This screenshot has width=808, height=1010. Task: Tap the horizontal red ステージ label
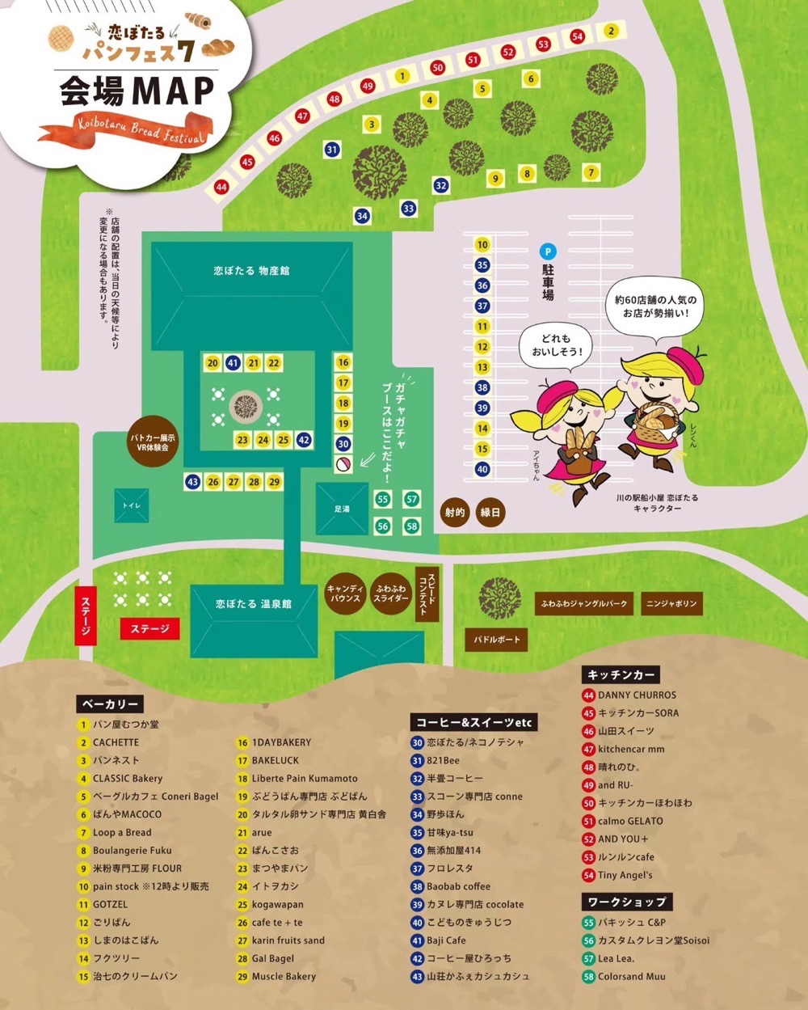(149, 628)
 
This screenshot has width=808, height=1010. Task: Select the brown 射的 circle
(455, 512)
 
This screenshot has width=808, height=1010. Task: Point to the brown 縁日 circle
(490, 512)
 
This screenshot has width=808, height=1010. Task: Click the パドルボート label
(497, 640)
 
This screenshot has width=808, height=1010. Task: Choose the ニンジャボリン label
(671, 603)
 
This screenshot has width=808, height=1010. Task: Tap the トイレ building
(131, 505)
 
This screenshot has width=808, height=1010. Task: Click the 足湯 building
(342, 509)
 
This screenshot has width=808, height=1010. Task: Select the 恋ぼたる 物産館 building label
(251, 271)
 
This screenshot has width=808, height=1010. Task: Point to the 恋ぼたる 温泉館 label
(253, 604)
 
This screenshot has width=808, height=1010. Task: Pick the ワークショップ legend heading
(626, 902)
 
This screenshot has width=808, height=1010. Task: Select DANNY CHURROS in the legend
(637, 695)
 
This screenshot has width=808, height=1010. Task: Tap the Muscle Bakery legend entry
(284, 976)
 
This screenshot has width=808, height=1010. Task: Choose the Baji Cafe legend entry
(446, 940)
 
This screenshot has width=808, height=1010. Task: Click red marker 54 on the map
(577, 36)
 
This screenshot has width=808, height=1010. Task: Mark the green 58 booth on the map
(411, 526)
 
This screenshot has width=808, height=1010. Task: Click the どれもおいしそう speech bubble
(557, 345)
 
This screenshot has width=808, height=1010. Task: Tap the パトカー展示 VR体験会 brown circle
(153, 442)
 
